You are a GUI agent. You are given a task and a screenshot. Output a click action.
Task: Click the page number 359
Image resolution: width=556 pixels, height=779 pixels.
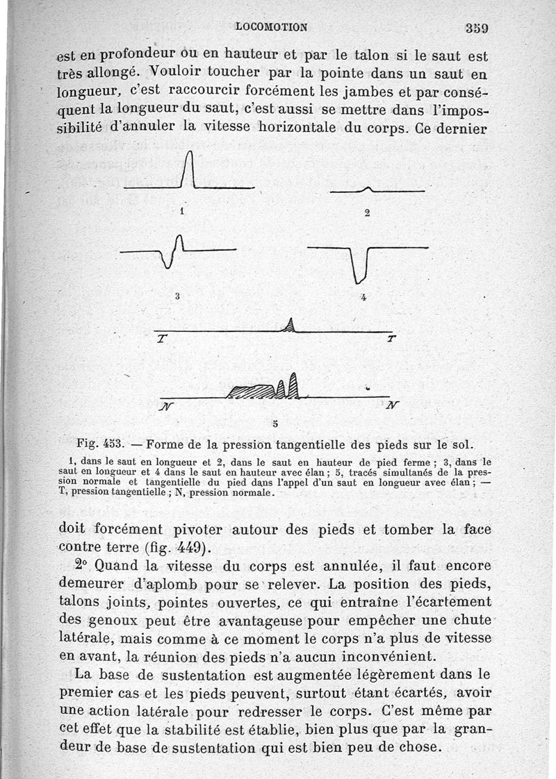click(x=477, y=28)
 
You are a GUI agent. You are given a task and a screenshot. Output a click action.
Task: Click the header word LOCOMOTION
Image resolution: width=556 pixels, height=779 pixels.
click(x=272, y=27)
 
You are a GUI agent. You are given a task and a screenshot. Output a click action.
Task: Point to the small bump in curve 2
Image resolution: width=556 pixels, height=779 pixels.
click(x=368, y=188)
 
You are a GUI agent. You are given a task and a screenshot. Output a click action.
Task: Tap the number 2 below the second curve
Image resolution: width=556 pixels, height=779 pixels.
click(x=367, y=213)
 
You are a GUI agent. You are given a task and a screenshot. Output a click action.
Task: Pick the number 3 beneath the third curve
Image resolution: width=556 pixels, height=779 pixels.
click(x=178, y=296)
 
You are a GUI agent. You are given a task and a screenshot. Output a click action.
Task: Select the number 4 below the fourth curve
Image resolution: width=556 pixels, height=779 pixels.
click(x=364, y=297)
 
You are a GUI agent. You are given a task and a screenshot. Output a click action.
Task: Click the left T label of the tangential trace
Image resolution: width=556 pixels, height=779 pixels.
click(x=162, y=339)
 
